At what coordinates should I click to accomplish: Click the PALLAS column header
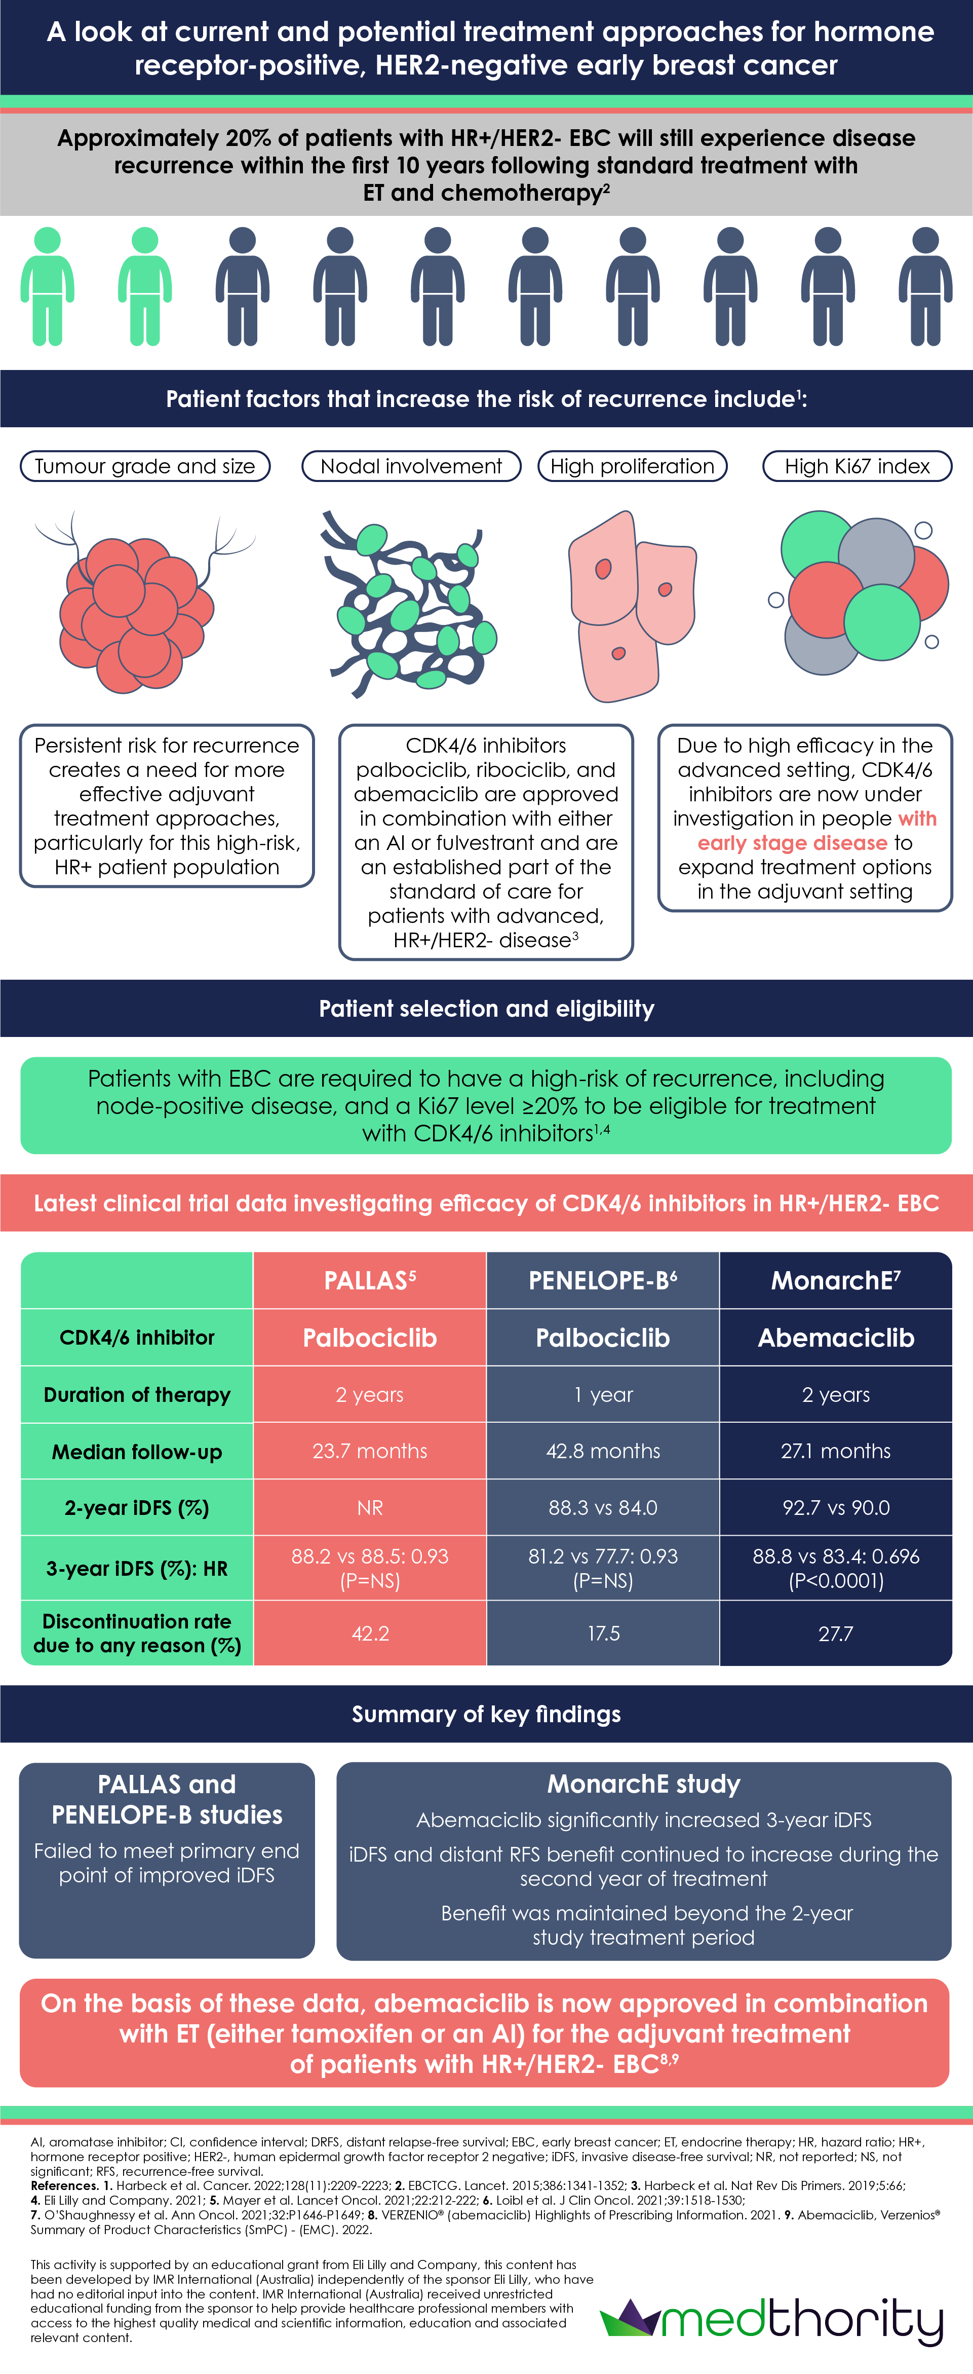(369, 1280)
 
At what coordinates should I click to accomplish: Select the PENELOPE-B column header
(603, 1280)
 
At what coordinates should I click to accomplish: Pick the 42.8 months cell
(603, 1451)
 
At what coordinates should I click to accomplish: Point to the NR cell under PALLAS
(369, 1508)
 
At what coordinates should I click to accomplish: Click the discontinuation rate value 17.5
(603, 1633)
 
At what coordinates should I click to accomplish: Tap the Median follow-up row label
(136, 1452)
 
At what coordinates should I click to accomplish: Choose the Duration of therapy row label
(136, 1394)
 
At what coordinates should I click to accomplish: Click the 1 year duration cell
(603, 1394)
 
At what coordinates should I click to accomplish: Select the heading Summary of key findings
(486, 1714)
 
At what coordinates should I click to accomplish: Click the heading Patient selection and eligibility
(486, 1008)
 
